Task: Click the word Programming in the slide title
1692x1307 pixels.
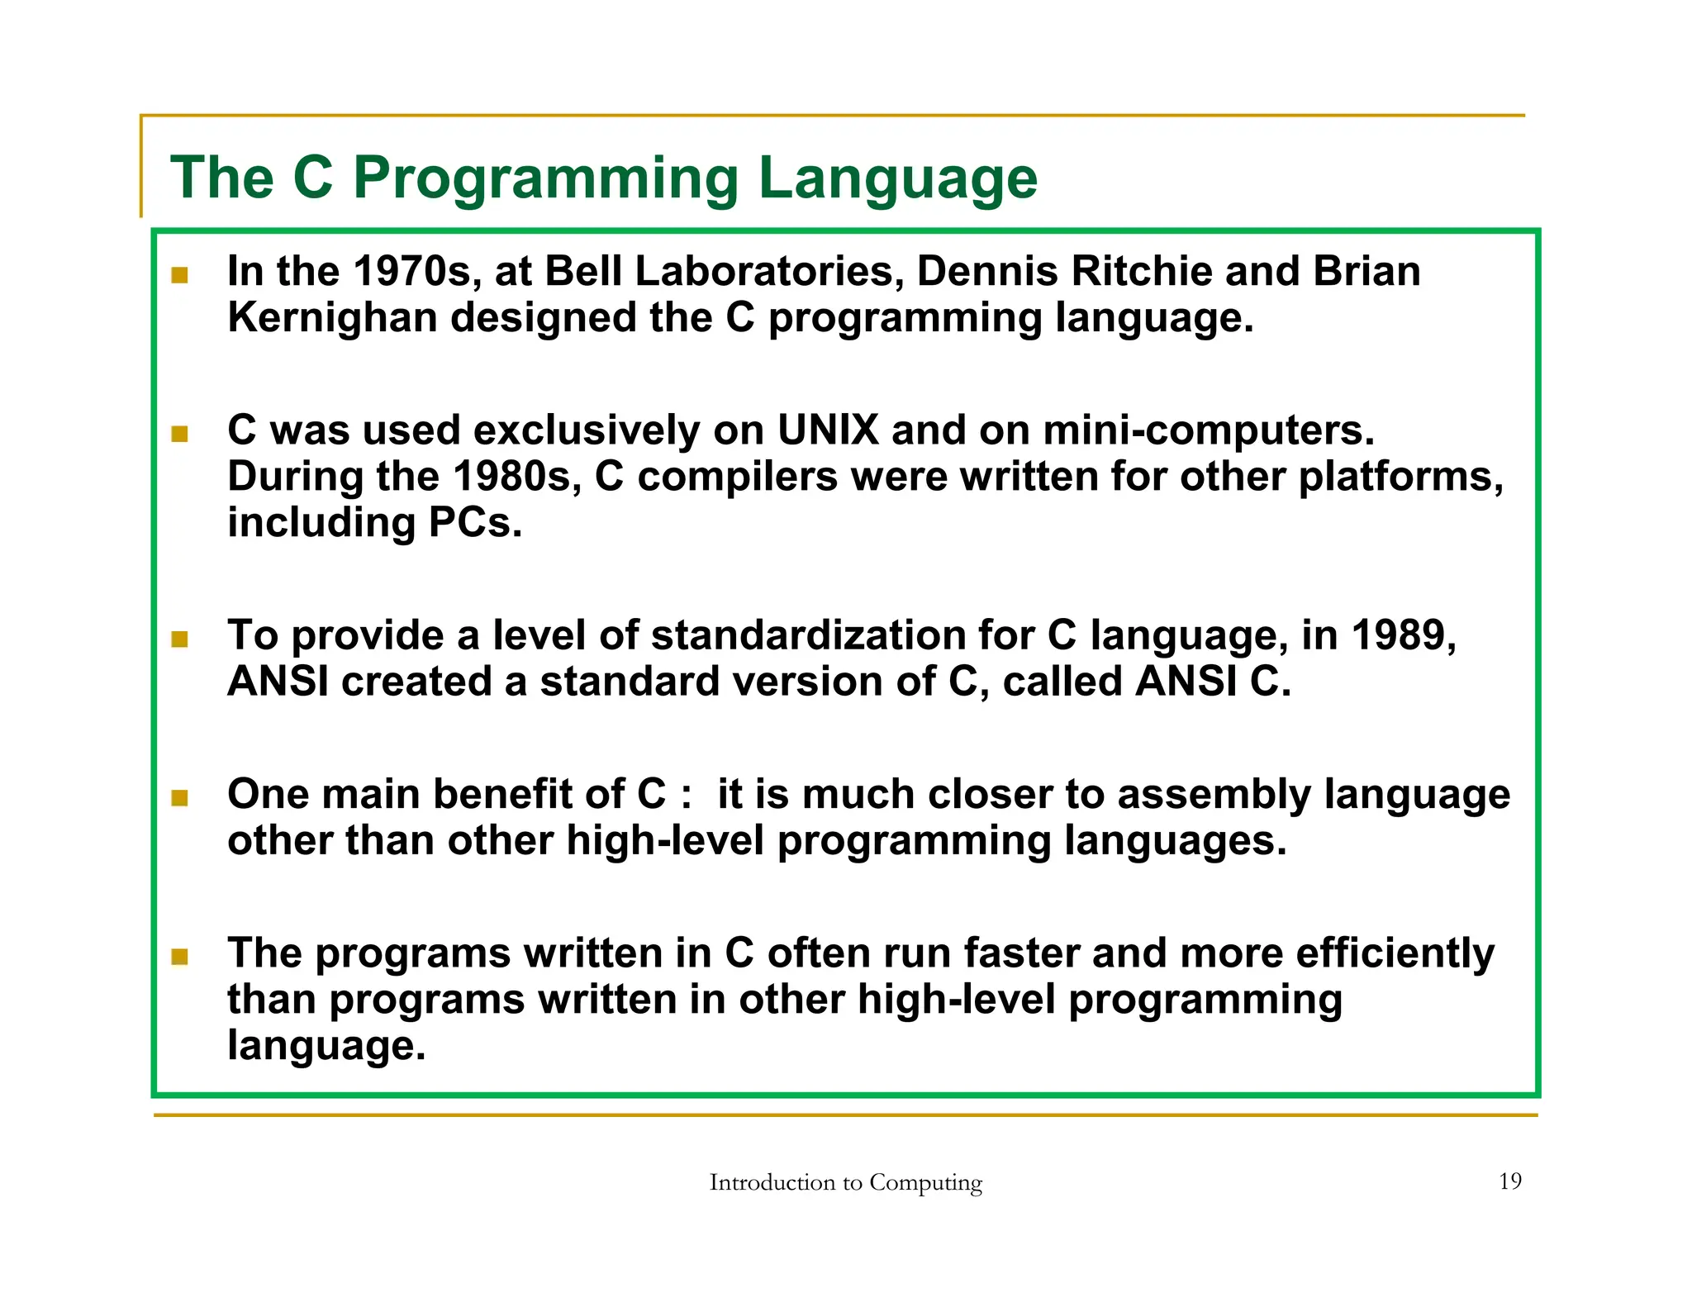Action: pyautogui.click(x=545, y=178)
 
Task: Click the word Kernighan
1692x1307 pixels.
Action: pyautogui.click(x=331, y=318)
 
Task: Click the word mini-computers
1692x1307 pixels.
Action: pyautogui.click(x=1209, y=430)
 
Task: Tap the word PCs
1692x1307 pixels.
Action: pyautogui.click(x=475, y=523)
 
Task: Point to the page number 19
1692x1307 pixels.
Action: pyautogui.click(x=1509, y=1181)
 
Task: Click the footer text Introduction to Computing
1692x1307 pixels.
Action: pyautogui.click(x=845, y=1182)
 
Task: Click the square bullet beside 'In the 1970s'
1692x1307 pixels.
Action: pyautogui.click(x=179, y=275)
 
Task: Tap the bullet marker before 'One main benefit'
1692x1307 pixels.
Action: pyautogui.click(x=179, y=797)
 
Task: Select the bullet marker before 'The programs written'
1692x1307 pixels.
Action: pyautogui.click(x=179, y=957)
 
